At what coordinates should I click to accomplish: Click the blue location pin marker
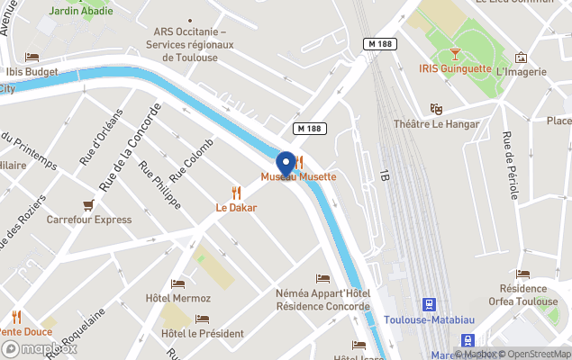[x=287, y=163]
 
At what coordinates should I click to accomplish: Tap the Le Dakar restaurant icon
[x=236, y=193]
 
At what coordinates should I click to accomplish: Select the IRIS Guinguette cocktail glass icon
[x=455, y=54]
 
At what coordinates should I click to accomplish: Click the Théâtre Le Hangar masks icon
[x=437, y=109]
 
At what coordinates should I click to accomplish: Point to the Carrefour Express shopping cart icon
[x=88, y=205]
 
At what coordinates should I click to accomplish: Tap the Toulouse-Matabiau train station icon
[x=430, y=308]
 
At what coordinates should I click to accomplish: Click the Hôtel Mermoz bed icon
[x=177, y=283]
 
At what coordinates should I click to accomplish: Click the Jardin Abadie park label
[x=82, y=12]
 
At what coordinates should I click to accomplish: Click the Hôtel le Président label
[x=202, y=333]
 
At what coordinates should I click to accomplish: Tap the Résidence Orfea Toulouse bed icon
[x=523, y=274]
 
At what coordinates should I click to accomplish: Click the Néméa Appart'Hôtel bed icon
[x=323, y=279]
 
